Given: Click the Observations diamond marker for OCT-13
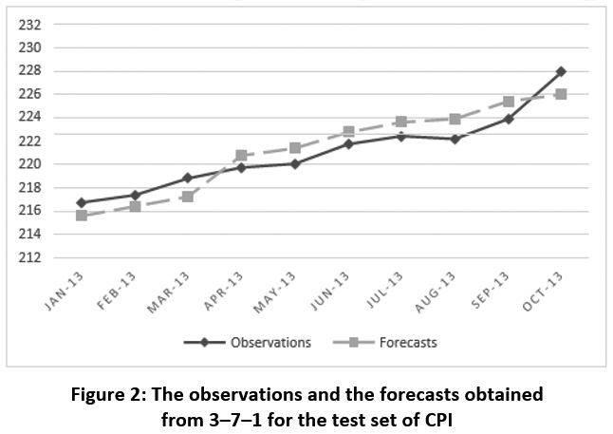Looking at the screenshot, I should point(562,71).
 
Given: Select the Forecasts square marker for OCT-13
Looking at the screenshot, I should point(562,94).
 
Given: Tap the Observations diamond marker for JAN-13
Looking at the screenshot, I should point(82,202).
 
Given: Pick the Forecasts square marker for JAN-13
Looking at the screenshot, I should point(82,216).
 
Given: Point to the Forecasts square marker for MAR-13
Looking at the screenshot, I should point(188,197).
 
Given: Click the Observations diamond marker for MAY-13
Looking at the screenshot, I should point(295,163).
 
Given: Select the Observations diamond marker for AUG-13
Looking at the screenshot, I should point(455,139).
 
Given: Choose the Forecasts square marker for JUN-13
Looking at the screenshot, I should point(348,132).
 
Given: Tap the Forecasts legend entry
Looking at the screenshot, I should point(390,343).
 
